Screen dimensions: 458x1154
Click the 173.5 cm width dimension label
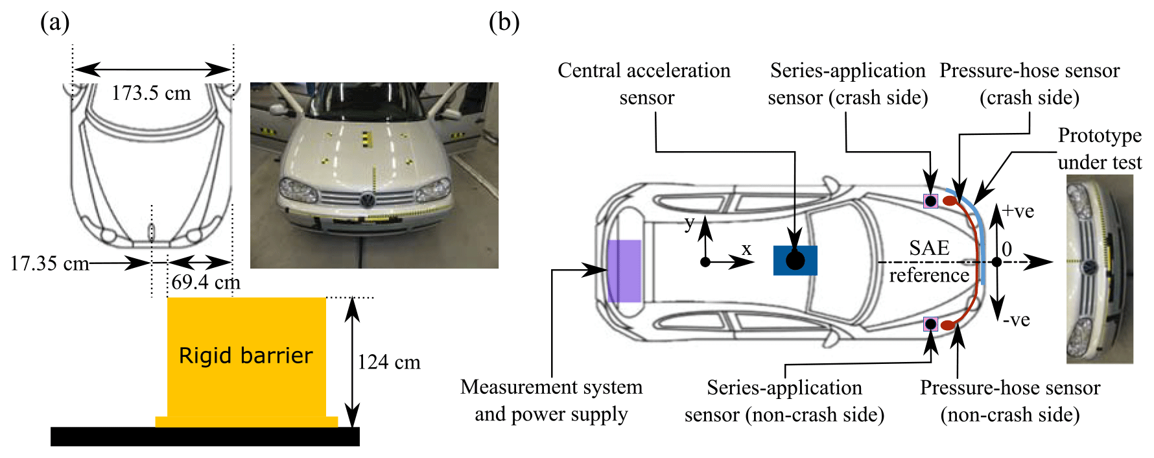click(151, 93)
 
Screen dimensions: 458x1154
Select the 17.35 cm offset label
click(49, 263)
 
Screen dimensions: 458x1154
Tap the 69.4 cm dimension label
click(206, 283)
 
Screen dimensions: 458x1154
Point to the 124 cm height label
click(389, 362)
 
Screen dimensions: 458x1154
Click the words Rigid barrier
click(246, 356)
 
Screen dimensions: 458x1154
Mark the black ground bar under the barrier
click(205, 437)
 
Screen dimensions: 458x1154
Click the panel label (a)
click(54, 23)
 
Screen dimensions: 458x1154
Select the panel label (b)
click(504, 23)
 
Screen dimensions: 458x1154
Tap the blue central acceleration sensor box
click(795, 260)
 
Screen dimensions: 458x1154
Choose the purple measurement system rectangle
click(624, 271)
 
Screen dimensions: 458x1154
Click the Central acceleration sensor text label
click(644, 84)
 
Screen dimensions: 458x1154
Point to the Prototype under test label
click(1100, 149)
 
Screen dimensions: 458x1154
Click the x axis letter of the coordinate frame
click(747, 249)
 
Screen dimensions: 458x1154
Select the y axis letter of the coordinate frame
click(689, 223)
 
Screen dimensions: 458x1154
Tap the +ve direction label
click(1018, 211)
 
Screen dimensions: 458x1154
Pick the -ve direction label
click(1016, 320)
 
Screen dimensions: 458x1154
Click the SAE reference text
click(929, 261)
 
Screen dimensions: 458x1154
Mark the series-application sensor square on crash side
click(930, 201)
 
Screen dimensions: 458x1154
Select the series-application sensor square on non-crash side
click(930, 324)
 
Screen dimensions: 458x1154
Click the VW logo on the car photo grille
click(368, 200)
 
